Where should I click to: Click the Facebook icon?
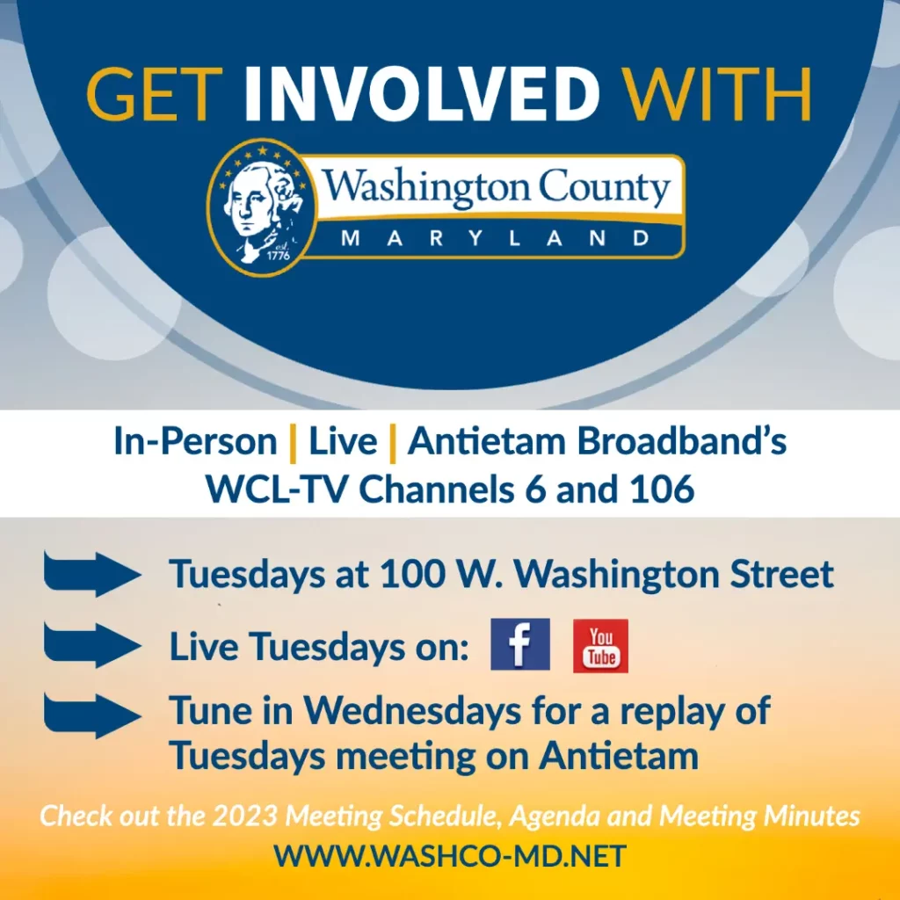(x=520, y=645)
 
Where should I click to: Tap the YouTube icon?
(x=600, y=646)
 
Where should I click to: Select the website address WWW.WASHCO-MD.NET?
(x=450, y=855)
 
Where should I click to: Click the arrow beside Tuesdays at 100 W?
(x=91, y=575)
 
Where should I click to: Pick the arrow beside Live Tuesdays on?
(x=91, y=646)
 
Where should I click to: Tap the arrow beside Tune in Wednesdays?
(x=91, y=714)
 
